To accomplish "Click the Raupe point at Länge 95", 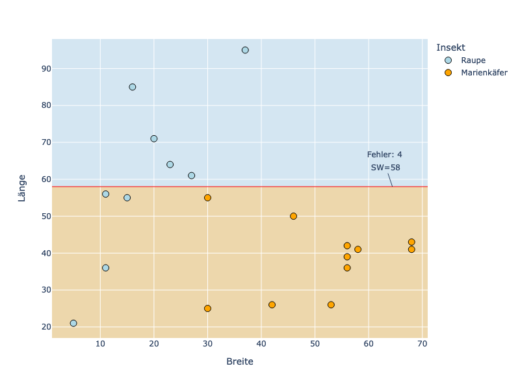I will [x=245, y=50].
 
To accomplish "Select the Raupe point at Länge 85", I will [x=133, y=87].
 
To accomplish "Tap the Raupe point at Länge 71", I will [x=154, y=138].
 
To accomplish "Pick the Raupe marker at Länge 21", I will [x=73, y=323].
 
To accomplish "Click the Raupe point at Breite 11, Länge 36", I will [x=105, y=268].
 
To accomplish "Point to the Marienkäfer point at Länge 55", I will [x=207, y=198].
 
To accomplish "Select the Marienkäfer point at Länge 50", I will [x=293, y=216].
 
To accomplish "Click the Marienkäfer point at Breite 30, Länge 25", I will [x=207, y=308].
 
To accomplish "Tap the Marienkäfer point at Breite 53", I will [x=331, y=305].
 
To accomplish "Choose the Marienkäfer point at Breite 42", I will [x=272, y=305].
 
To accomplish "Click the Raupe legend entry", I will [x=473, y=60].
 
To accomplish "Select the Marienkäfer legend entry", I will [x=483, y=73].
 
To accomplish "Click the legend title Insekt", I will [x=450, y=47].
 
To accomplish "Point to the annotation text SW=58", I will [x=385, y=167].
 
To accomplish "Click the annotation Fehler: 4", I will [x=384, y=155].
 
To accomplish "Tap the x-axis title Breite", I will [x=240, y=361].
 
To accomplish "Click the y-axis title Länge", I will [x=21, y=188].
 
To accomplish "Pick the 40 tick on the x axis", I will [x=261, y=343].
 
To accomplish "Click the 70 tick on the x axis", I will [x=422, y=343].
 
